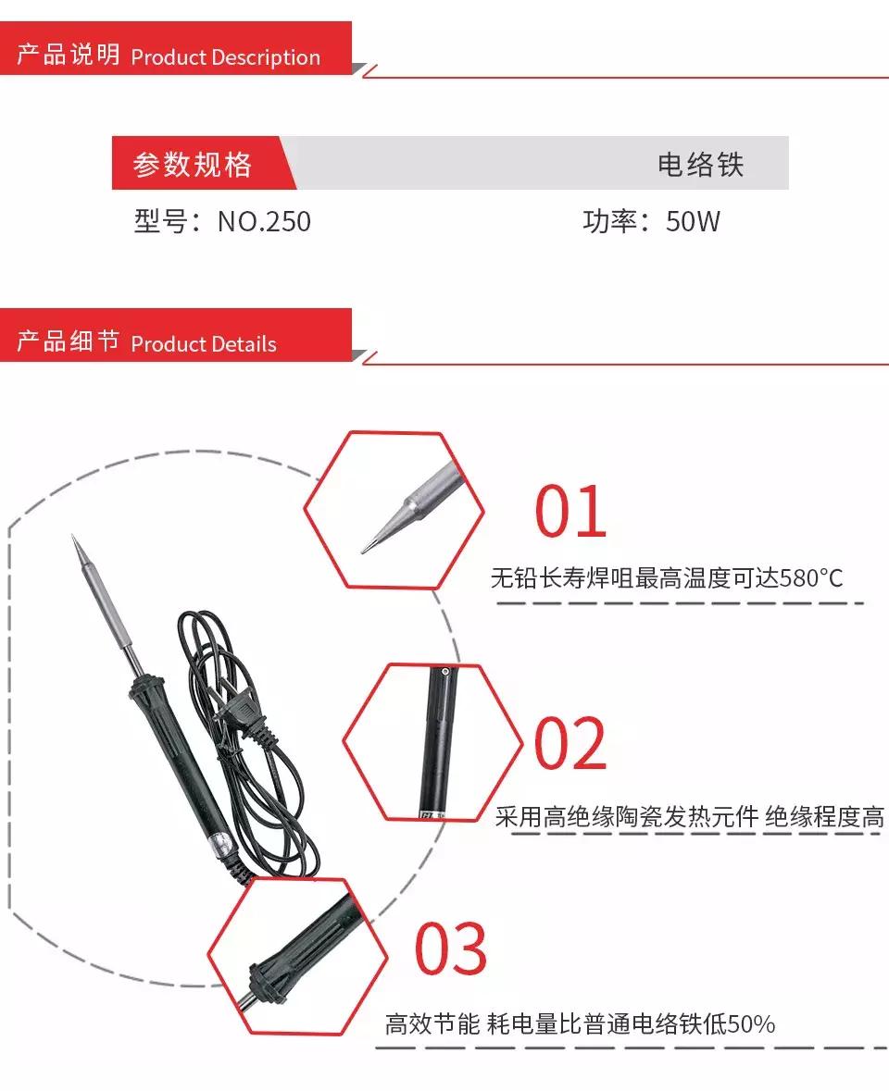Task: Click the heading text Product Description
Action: click(x=225, y=57)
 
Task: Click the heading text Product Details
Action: click(x=204, y=344)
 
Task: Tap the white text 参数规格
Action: click(x=193, y=165)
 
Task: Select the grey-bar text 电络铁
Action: click(x=700, y=165)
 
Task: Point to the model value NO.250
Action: click(x=264, y=222)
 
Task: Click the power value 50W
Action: click(x=693, y=222)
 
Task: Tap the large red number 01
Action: click(x=570, y=512)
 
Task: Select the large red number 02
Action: click(x=570, y=744)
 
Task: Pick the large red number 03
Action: click(x=450, y=948)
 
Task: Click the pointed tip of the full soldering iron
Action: click(x=75, y=540)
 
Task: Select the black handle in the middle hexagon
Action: click(x=440, y=740)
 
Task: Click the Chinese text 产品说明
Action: click(x=69, y=56)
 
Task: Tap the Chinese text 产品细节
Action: click(x=69, y=342)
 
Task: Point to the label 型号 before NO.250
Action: click(x=160, y=222)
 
